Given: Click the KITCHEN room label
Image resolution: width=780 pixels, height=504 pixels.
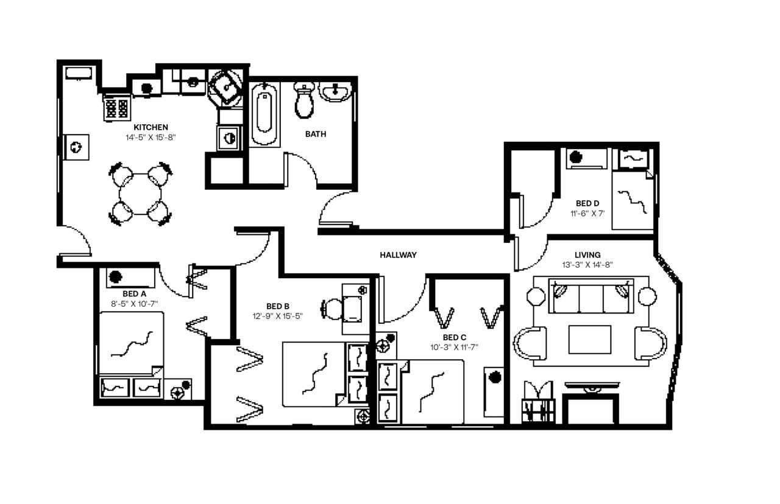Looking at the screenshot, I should (151, 127).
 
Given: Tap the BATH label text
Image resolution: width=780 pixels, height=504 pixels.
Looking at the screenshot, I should (315, 134).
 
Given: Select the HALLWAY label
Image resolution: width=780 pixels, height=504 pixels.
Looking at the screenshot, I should (398, 255).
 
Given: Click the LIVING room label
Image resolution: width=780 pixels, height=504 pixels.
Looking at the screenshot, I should (587, 255).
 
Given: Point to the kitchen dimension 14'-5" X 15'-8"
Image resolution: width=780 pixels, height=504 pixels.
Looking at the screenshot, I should (151, 138).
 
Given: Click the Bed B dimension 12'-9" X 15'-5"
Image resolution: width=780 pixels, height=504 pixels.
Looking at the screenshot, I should (277, 316).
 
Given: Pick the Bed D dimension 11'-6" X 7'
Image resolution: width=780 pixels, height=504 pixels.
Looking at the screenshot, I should (587, 214).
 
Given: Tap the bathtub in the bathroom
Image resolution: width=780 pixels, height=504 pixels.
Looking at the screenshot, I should (264, 114).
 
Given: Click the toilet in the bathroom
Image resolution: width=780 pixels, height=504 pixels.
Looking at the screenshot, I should (304, 100).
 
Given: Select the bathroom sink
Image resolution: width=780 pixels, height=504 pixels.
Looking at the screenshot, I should (335, 92).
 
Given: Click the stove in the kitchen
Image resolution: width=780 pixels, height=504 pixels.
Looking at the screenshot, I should (116, 108).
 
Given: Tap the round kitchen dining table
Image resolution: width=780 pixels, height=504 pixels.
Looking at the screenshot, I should (140, 194).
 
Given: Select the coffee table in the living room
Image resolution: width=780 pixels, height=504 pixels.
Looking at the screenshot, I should (590, 339).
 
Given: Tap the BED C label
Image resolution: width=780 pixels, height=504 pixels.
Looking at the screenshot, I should (455, 337).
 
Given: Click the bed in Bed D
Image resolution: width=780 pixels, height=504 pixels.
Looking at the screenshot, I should (633, 200).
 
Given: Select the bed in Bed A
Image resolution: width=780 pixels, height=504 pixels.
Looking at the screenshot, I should (130, 345).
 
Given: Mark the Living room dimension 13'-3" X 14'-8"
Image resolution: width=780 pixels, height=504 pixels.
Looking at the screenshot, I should (587, 265).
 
